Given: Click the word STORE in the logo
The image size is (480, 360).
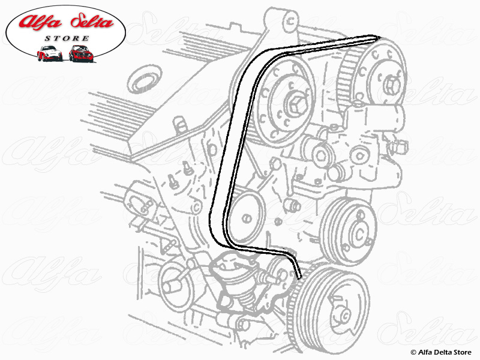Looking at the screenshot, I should point(66,39).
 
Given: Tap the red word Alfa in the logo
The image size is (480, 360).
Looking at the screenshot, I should point(40,23).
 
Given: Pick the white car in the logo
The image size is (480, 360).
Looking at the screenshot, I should point(49,54).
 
